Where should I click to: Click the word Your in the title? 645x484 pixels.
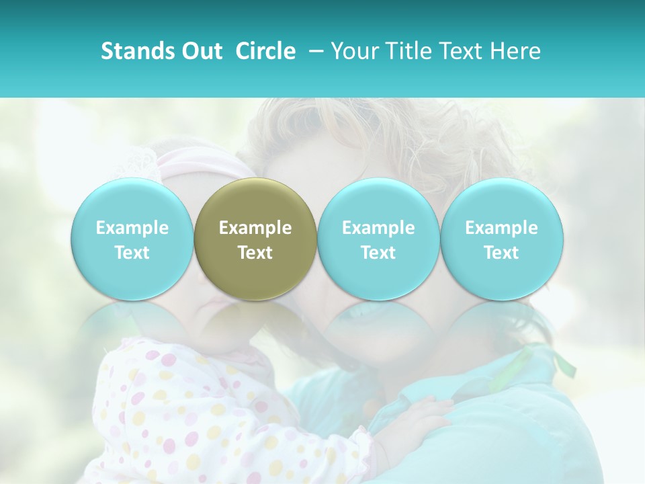[354, 51]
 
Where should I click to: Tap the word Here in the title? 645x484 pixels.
[516, 51]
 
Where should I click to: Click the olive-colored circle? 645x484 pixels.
[255, 238]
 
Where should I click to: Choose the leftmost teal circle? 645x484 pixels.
[132, 238]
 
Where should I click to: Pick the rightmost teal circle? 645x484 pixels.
[502, 238]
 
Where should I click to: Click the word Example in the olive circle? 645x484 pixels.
[255, 228]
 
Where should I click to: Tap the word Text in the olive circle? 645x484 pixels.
[255, 253]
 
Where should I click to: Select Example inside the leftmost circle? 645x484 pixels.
[132, 228]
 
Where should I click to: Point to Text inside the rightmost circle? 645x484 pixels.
[502, 253]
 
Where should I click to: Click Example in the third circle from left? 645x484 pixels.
[378, 228]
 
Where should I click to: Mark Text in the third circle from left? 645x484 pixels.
[378, 253]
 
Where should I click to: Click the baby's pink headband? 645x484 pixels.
[195, 165]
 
